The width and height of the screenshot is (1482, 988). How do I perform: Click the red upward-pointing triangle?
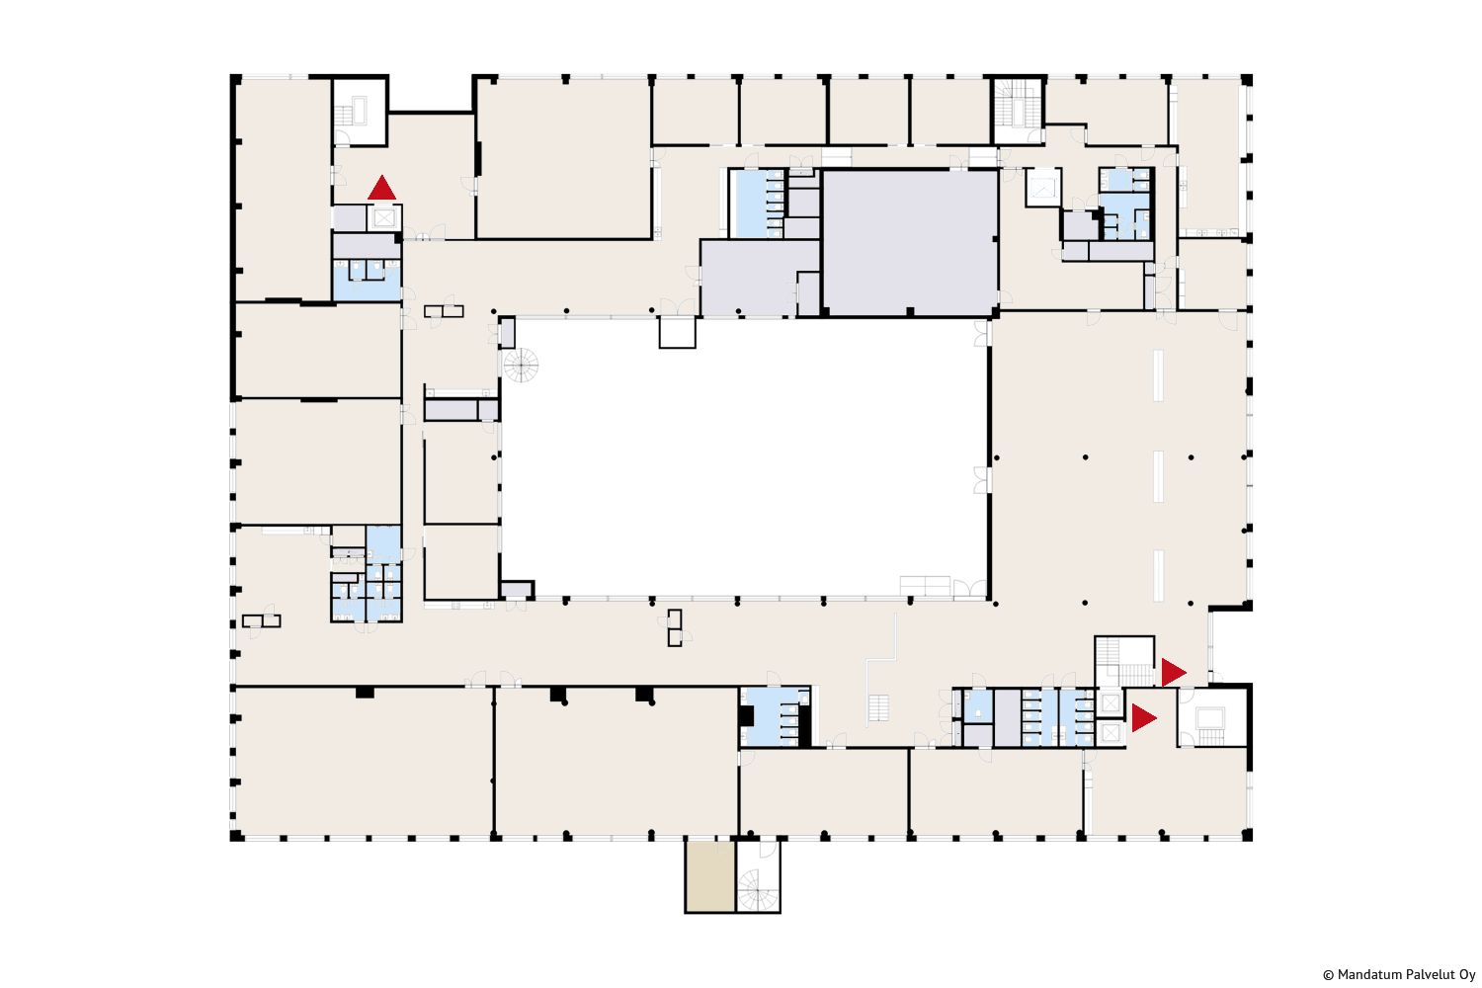381,190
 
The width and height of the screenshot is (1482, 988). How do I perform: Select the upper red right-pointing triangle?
1173,673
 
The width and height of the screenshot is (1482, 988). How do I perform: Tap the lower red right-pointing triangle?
1142,718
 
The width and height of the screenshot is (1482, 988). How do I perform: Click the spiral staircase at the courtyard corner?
521,365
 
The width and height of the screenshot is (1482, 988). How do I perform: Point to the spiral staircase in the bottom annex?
757,890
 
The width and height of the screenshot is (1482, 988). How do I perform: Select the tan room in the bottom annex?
710,876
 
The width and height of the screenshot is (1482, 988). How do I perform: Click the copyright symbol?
1328,975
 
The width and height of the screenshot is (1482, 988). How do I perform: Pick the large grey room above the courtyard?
910,242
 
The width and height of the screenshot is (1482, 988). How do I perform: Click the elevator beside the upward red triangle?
383,217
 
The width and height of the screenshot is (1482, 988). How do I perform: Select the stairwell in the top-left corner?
359,112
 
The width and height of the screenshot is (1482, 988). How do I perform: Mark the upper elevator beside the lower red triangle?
1111,702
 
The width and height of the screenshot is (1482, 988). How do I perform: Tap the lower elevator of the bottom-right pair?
1111,732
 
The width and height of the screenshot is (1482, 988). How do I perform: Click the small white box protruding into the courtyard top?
678,332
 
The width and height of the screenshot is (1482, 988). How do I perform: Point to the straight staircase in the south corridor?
878,708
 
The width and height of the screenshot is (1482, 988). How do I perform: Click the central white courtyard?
744,457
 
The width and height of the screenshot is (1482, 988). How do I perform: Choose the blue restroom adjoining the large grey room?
756,204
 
